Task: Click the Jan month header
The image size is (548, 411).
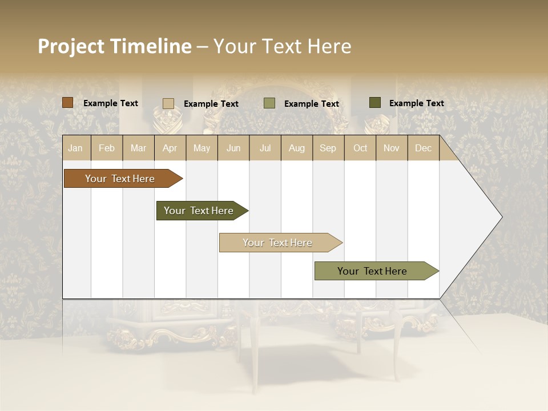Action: click(75, 148)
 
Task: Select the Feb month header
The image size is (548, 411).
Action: click(107, 148)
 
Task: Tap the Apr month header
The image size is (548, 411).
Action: click(170, 148)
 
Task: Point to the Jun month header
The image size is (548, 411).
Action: click(233, 148)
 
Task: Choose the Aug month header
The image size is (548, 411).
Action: click(296, 148)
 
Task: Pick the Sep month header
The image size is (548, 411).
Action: click(328, 148)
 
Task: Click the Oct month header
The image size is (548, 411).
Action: click(360, 148)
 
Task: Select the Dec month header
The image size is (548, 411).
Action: click(423, 148)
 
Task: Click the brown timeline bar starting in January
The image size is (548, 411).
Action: click(120, 179)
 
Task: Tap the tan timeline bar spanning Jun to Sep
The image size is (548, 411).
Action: click(278, 243)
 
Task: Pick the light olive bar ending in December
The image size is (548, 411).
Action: click(373, 271)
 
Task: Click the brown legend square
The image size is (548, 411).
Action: click(67, 103)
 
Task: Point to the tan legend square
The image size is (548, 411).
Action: click(168, 103)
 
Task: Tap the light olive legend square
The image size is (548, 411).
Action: click(269, 103)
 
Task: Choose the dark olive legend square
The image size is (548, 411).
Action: click(375, 103)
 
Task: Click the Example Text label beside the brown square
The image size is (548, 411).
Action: click(111, 103)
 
